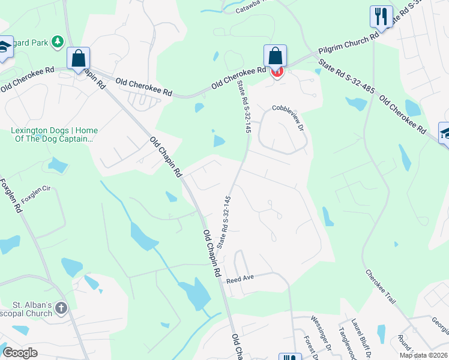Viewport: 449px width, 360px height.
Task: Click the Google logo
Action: [x=20, y=353]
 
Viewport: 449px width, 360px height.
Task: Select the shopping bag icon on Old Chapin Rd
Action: [x=78, y=58]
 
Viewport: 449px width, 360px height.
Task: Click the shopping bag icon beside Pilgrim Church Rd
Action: [x=275, y=56]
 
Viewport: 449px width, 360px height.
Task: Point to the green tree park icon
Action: [x=58, y=42]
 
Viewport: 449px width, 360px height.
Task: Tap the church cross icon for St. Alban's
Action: [x=61, y=309]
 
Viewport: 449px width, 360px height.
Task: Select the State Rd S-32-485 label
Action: [x=346, y=76]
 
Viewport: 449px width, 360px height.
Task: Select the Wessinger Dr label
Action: [x=321, y=332]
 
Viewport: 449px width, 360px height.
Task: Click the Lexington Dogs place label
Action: [x=54, y=134]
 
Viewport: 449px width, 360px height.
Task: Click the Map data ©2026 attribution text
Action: [x=423, y=355]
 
